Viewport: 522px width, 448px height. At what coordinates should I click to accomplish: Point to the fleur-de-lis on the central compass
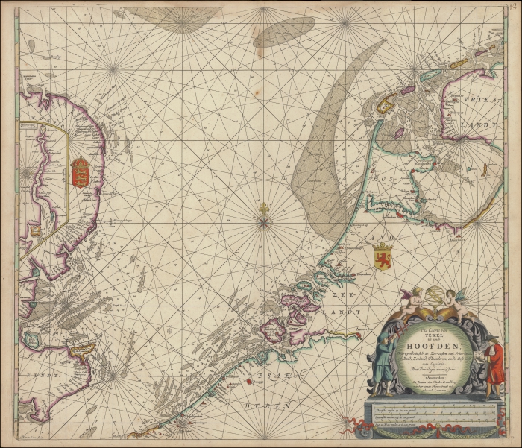[263, 209]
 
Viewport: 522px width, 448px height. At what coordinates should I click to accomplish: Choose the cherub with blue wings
[455, 299]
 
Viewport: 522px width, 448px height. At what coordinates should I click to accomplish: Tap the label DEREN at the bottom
[255, 406]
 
